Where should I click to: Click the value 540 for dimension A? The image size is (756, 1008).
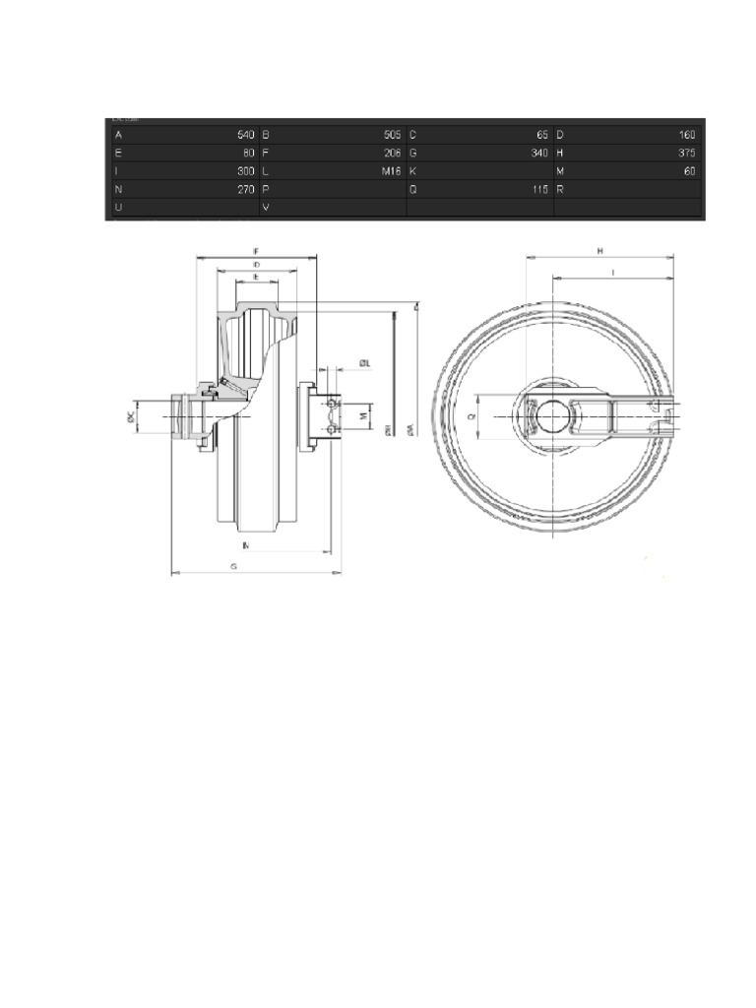[x=246, y=135]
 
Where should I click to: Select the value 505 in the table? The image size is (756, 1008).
[x=392, y=135]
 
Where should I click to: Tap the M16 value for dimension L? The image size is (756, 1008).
[x=392, y=171]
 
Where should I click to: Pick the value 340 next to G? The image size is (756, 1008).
[x=539, y=154]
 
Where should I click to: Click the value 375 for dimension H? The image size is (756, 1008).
[x=686, y=154]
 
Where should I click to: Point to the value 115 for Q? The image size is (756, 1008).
[x=539, y=189]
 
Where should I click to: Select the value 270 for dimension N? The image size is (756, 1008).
[x=246, y=189]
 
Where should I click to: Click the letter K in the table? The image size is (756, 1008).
[x=413, y=171]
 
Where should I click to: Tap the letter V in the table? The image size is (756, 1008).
[x=267, y=208]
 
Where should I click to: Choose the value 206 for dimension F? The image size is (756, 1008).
[x=392, y=154]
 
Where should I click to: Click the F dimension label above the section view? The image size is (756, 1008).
[x=257, y=252]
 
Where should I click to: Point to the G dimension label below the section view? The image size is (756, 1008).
[x=233, y=567]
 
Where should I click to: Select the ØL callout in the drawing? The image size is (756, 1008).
[x=363, y=364]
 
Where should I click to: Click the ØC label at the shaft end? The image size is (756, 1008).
[x=131, y=417]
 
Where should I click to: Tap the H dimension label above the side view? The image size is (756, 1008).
[x=599, y=252]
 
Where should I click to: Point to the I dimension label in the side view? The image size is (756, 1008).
[x=613, y=271]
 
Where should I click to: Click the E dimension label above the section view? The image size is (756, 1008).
[x=257, y=279]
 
